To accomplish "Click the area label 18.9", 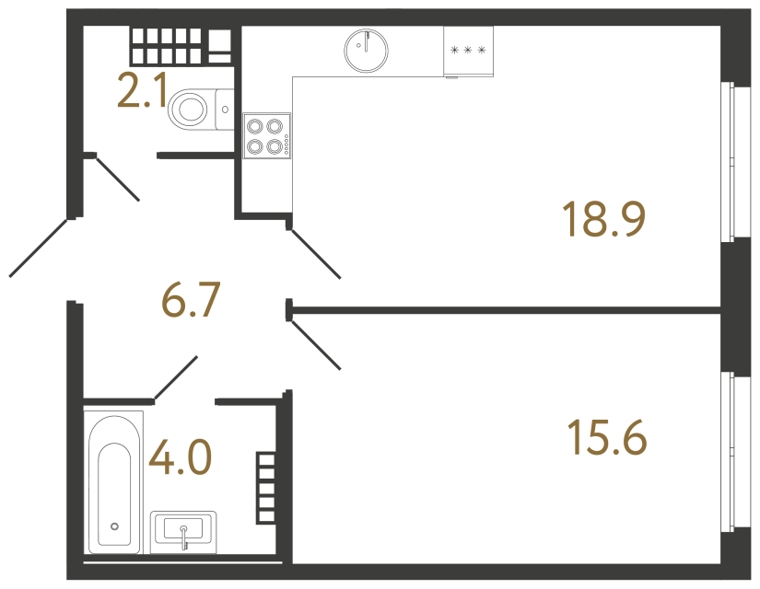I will coord(603,220).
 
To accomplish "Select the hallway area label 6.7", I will coord(191,300).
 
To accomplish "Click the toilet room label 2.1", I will coord(141,92).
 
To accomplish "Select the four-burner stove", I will coord(267,135).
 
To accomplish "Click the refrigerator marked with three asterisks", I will coord(467,50).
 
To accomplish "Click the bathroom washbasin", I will coord(184,530).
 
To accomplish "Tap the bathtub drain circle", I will coord(114,526).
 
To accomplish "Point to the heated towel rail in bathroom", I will coord(266,488).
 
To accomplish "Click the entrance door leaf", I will coord(41,247).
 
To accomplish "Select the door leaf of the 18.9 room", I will coord(315,253).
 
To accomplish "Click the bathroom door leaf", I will coord(175,377).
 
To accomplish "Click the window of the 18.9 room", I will coord(733,161).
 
